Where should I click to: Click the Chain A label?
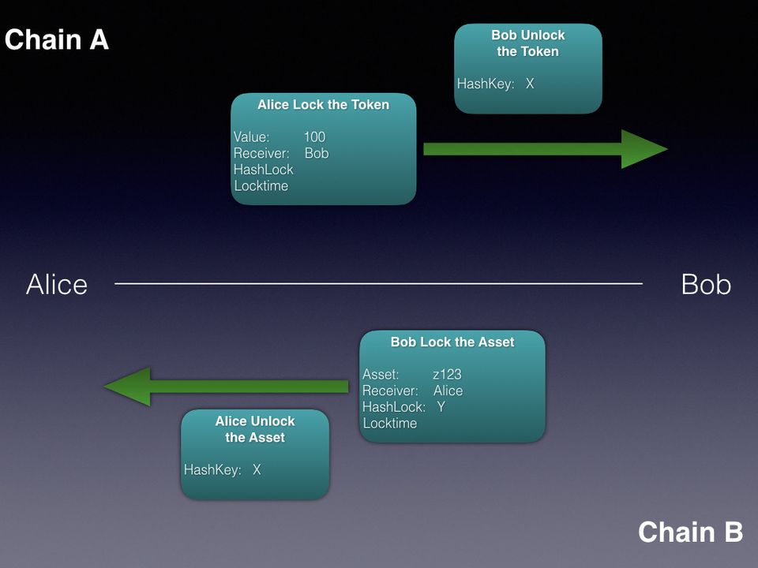[56, 39]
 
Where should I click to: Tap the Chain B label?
[690, 532]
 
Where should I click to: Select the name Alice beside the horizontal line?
[57, 285]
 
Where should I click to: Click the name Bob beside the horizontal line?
[705, 285]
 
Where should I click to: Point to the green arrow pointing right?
[545, 149]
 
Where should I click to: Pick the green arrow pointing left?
[226, 387]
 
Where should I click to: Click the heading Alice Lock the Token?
[323, 105]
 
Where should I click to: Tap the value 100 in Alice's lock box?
[314, 137]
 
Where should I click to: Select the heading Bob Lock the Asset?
[452, 342]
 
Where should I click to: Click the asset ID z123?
[447, 375]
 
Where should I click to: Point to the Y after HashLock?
[441, 407]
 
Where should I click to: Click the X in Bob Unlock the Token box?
[530, 84]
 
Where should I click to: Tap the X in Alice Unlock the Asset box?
[257, 470]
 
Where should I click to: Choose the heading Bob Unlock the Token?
[527, 43]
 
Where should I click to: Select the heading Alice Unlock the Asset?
[254, 429]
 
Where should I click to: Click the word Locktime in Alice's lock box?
[261, 186]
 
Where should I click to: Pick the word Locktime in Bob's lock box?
[389, 424]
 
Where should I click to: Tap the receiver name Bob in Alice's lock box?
[316, 154]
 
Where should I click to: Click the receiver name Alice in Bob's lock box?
[448, 391]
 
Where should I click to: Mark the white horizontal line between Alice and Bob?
[379, 283]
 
